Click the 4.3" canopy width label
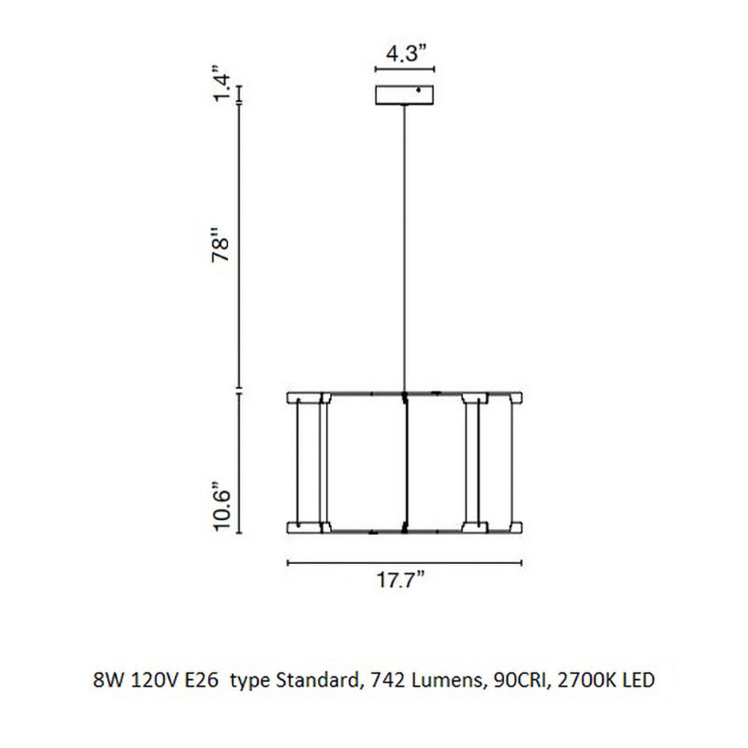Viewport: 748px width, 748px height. point(405,54)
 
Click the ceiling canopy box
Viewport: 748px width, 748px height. point(405,96)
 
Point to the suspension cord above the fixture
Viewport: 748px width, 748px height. point(405,247)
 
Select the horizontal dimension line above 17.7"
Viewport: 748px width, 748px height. point(405,562)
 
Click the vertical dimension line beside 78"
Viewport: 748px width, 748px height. point(239,247)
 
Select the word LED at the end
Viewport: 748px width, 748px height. point(640,681)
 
